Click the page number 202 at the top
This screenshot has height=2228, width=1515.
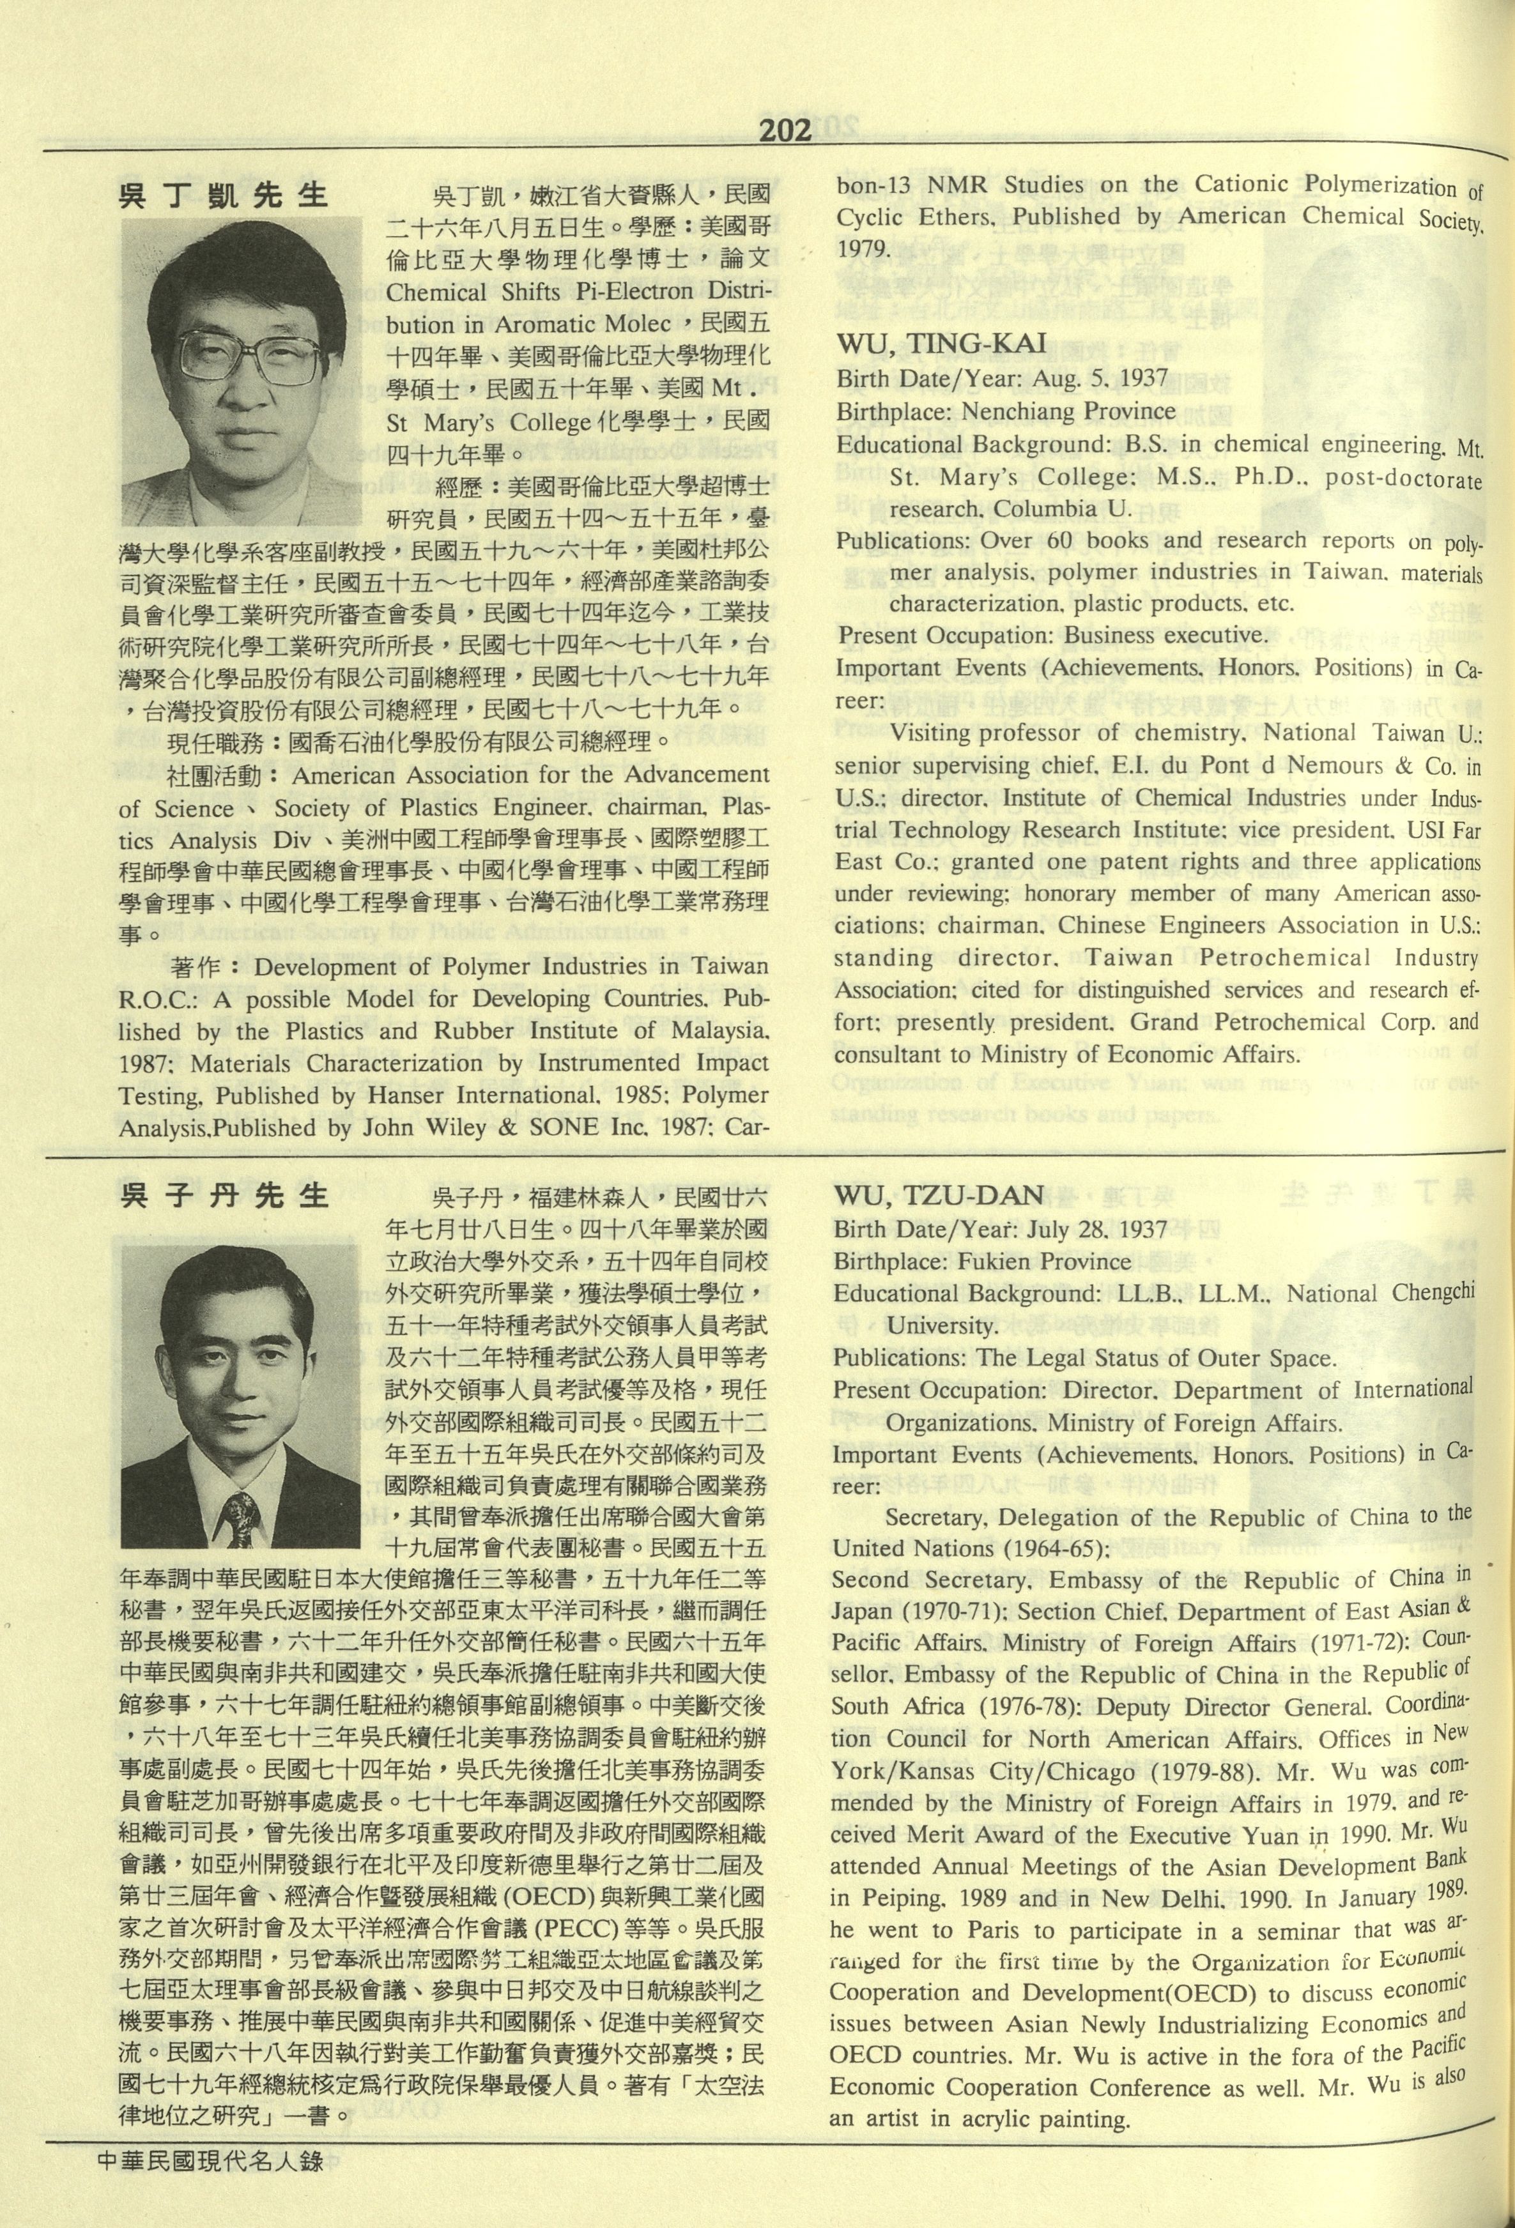click(785, 130)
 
